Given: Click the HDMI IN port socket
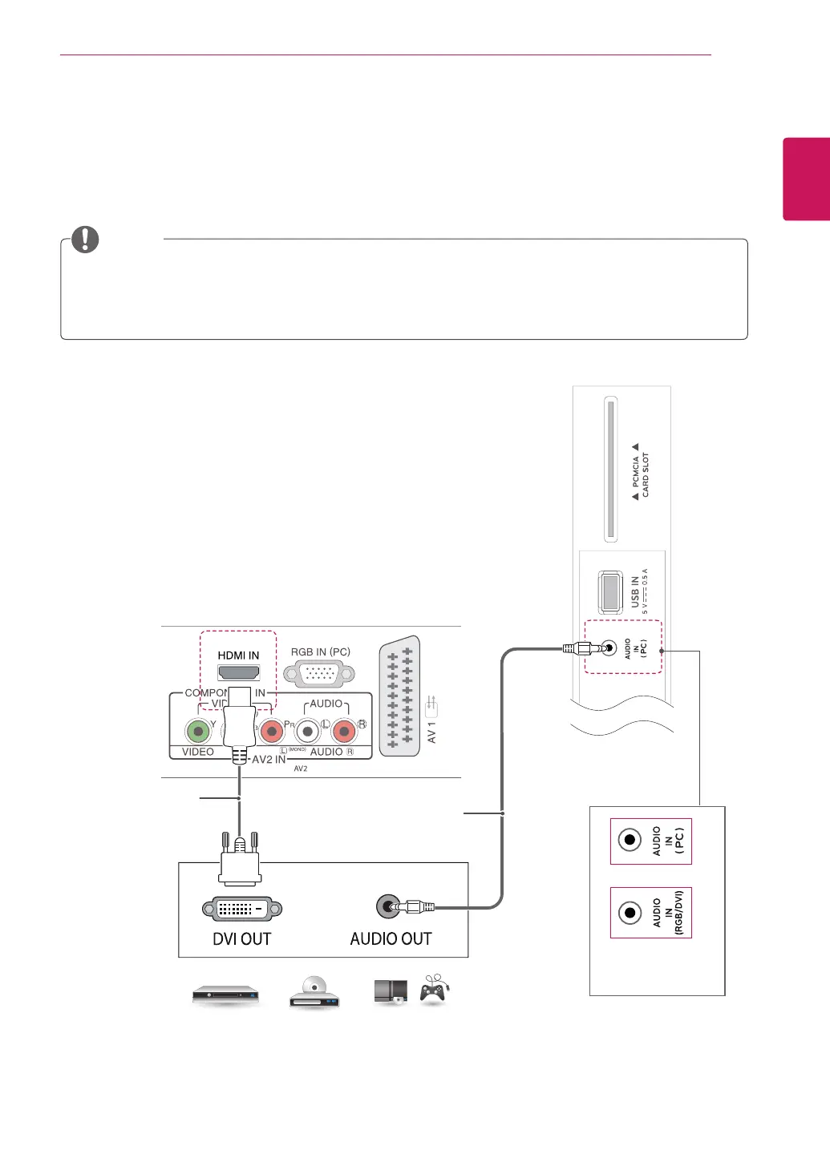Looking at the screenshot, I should point(238,672).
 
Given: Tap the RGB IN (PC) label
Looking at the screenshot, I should point(320,652).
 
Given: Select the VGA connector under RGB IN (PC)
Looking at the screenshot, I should point(319,674).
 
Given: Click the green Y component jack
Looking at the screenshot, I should point(197,731).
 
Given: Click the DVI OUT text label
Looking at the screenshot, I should point(241,938).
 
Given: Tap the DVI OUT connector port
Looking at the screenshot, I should point(241,909).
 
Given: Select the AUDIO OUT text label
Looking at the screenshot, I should point(391,938).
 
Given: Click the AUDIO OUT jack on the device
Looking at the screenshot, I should point(388,907).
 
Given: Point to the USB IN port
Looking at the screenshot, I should point(610,592).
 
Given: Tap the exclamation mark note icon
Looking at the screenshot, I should point(85,239).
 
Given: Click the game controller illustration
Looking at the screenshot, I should point(434,991).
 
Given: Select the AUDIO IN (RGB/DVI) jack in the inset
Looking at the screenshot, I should point(630,913).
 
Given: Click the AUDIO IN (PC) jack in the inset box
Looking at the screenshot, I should point(630,840).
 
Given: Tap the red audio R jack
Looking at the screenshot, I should point(344,731).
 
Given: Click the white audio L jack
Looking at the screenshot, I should point(308,731).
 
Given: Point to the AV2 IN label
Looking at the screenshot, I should point(269,759).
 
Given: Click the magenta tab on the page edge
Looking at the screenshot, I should point(806,179).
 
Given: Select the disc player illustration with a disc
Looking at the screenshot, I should point(314,992).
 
